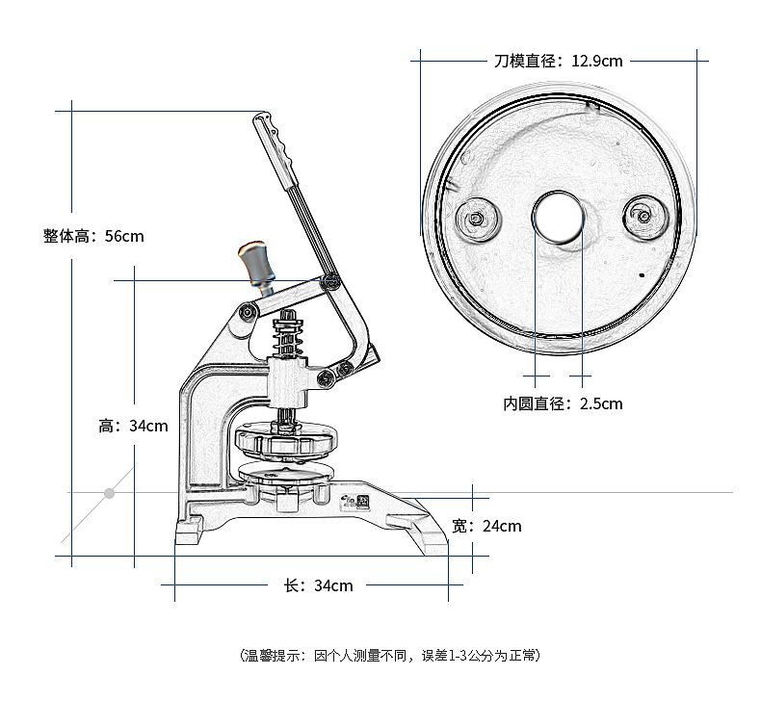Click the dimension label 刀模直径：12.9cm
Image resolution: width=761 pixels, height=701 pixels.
pos(558,61)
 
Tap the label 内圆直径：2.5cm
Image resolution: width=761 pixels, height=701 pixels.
pos(563,403)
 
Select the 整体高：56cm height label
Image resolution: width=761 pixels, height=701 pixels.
pos(93,235)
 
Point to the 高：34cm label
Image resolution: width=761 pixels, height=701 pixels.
pos(133,426)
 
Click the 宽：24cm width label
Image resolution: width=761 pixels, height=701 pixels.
pos(486,526)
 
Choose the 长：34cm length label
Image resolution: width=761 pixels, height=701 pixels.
pos(318,585)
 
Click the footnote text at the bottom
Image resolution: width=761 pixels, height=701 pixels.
pos(389,656)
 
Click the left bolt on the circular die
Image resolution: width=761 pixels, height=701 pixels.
pos(476,218)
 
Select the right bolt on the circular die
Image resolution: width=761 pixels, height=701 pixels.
pos(642,214)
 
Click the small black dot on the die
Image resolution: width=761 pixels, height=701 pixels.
pos(641,276)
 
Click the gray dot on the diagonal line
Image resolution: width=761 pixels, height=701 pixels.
pos(110,493)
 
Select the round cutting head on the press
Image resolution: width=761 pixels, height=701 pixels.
pos(286,444)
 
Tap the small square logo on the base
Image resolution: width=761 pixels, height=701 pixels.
pos(363,502)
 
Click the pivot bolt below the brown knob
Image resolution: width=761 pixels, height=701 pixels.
pos(249,312)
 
